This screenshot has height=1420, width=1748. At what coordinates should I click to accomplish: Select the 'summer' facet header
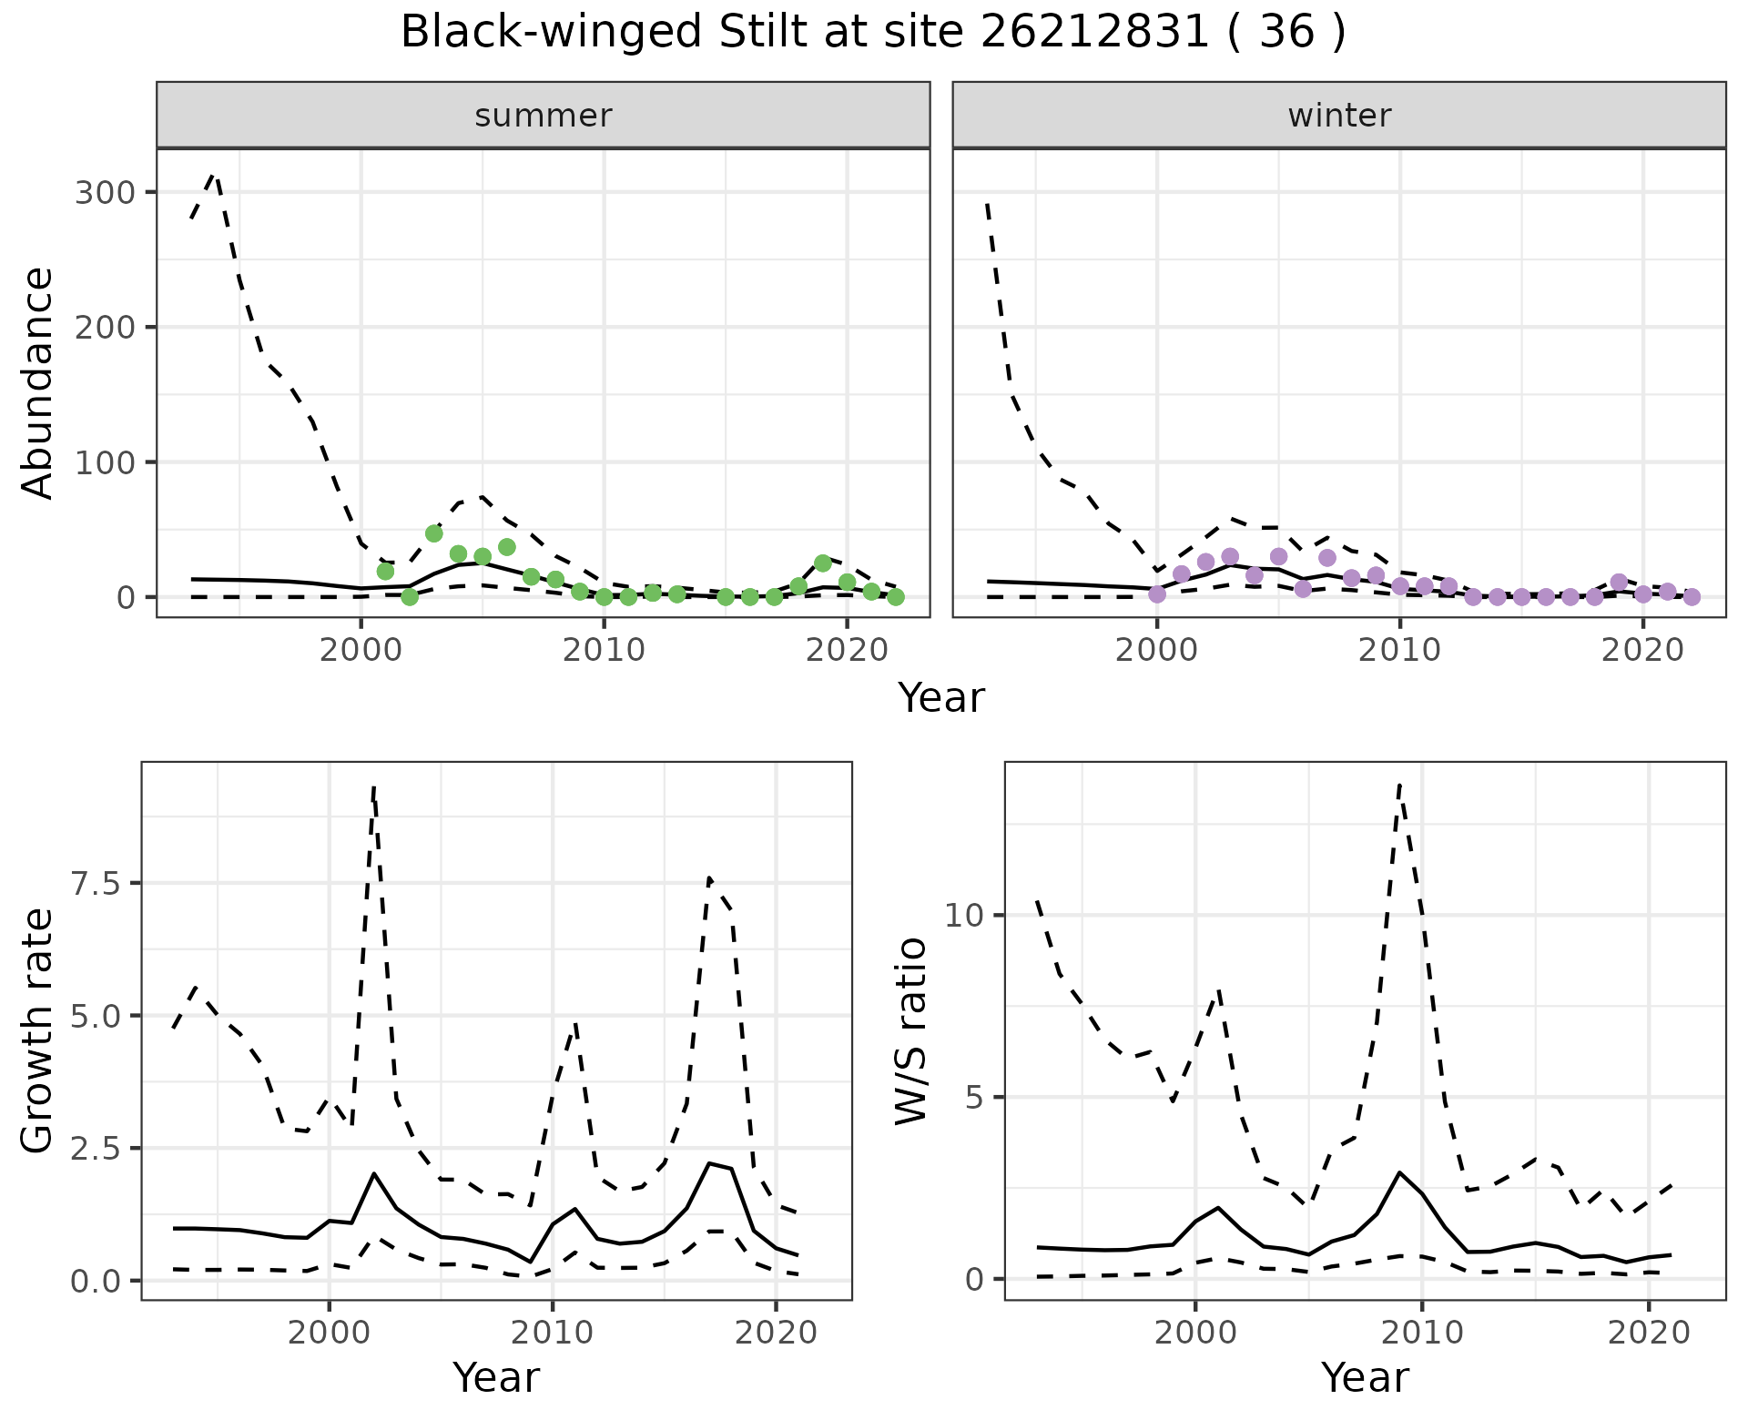543,116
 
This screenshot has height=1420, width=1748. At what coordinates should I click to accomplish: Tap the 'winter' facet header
1338,116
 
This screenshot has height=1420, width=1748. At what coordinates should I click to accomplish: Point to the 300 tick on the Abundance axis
103,192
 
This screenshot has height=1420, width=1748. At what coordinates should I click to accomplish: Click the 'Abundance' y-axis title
37,382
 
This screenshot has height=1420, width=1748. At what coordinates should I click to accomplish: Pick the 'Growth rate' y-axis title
37,1030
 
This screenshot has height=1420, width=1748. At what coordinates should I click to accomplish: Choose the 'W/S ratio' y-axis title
910,1030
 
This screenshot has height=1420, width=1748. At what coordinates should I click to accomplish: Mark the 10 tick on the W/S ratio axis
964,915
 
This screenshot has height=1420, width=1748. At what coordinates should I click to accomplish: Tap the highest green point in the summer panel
433,533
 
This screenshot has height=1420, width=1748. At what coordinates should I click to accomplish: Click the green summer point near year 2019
822,563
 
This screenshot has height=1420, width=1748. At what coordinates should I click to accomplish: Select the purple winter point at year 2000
1156,594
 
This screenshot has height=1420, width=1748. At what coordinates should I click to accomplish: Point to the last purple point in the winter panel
1692,597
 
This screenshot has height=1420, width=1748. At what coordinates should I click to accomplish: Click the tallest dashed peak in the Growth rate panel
374,786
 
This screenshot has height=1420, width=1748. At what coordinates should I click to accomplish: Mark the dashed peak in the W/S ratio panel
1399,784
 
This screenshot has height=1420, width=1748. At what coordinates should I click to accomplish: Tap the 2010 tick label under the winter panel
1399,651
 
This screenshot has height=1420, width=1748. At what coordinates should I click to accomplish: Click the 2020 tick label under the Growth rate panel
775,1334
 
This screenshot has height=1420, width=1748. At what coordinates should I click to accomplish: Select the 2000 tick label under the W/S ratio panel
1194,1334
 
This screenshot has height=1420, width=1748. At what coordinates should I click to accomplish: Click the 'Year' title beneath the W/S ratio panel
1364,1378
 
